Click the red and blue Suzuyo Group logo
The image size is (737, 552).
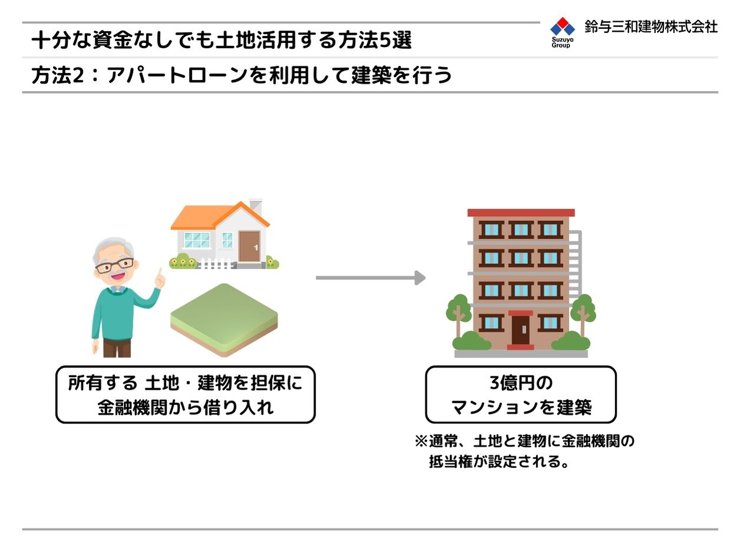point(562,32)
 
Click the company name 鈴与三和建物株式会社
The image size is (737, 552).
point(651,27)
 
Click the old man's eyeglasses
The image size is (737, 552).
point(114,265)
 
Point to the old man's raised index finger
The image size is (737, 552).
point(160,273)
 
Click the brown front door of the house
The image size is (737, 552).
point(249,246)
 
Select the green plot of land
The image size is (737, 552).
point(224,320)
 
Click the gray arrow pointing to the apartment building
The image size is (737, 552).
point(371,277)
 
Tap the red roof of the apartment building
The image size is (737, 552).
point(521,213)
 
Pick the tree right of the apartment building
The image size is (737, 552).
point(583,313)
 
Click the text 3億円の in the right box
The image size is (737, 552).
point(521,383)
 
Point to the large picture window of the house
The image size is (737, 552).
point(197,240)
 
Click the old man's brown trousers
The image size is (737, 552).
point(117,348)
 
